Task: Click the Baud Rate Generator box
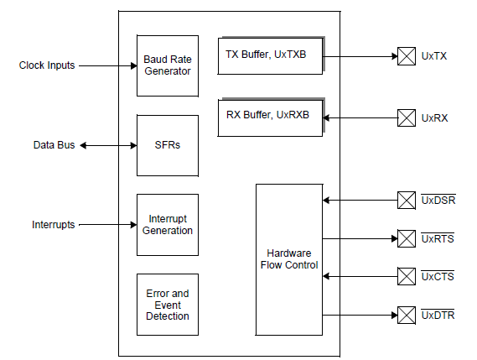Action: tap(167, 65)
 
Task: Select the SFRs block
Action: tap(167, 145)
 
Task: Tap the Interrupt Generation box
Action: tap(167, 225)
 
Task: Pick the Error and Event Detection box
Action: tap(167, 305)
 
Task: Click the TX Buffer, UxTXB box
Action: tap(270, 55)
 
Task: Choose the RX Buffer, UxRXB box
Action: tap(270, 117)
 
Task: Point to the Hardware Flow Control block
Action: tap(288, 258)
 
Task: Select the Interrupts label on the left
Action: tap(54, 225)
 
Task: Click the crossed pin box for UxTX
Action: tap(406, 56)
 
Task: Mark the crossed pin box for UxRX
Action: tap(406, 117)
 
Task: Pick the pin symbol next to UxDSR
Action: tap(406, 200)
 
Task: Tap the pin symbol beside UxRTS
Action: tap(406, 238)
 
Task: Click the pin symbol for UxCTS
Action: tap(406, 276)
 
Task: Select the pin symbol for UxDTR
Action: tap(406, 316)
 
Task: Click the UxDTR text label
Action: tap(438, 316)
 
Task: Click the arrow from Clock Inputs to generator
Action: tap(109, 65)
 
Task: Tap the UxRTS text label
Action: tap(438, 238)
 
